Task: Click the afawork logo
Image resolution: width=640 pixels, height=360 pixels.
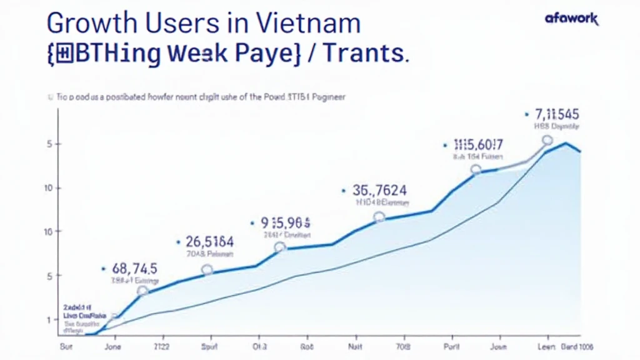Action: point(571,19)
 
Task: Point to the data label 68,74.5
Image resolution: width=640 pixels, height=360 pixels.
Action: point(134,269)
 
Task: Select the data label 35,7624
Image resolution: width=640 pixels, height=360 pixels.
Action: point(379,191)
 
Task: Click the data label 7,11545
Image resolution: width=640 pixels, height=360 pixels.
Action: point(557,114)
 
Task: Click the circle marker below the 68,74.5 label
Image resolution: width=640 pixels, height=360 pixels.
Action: point(142,291)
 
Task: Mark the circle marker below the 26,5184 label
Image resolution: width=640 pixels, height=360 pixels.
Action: point(207,269)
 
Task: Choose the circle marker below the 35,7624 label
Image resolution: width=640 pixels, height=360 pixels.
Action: point(379,217)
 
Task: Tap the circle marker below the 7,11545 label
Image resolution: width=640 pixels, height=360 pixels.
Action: point(547,141)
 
